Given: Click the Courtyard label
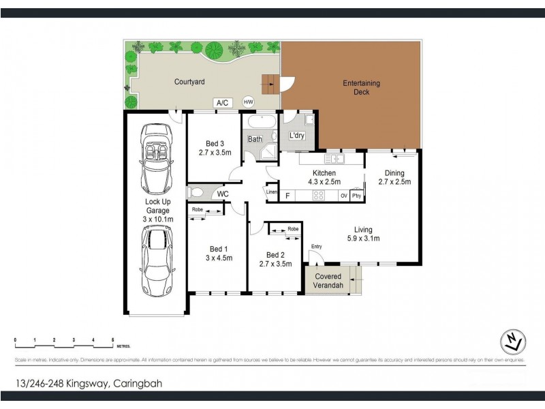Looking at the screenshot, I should point(189,81).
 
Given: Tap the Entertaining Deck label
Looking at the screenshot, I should point(361,88).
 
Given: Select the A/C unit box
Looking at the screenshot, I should point(222,103).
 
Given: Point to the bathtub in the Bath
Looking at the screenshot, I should point(260,123).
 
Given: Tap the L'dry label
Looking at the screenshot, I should point(297,136).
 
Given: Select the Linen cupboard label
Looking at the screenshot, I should point(272,192).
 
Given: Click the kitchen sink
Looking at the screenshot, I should point(335,160).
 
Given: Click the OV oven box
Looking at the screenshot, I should point(344,196).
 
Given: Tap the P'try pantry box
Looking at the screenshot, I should point(356,196).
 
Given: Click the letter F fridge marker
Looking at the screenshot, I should point(287,196).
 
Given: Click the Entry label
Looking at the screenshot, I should point(316,246).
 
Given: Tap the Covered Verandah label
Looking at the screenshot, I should point(328,281).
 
